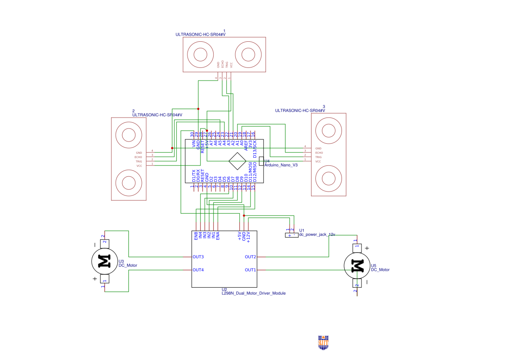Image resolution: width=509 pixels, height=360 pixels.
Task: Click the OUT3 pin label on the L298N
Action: [198, 257]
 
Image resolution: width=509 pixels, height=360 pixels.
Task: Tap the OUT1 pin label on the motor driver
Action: [250, 270]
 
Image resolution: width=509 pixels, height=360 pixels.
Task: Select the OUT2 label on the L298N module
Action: [250, 257]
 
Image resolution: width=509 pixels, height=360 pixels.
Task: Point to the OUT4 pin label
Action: [198, 270]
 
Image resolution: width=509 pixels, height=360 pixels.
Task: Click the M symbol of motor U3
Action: [104, 261]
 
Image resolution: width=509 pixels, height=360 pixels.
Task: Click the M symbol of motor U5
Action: [357, 265]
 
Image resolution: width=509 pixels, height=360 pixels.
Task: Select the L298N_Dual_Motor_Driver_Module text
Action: [254, 293]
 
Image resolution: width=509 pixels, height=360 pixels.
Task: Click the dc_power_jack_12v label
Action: [317, 234]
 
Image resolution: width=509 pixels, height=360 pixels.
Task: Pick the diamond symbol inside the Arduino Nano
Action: [238, 161]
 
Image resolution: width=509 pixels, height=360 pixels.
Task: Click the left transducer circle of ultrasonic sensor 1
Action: [200, 54]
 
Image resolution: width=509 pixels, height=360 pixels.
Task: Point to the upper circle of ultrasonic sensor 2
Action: [129, 135]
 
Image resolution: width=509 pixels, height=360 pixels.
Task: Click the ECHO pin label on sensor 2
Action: [138, 157]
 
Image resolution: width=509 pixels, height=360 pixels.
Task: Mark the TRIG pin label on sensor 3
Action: [318, 157]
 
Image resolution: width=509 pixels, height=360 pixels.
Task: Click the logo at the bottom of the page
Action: [323, 342]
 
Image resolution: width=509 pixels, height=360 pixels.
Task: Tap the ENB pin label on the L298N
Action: [196, 236]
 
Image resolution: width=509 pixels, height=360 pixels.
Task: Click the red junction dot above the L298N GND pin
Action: [244, 215]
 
